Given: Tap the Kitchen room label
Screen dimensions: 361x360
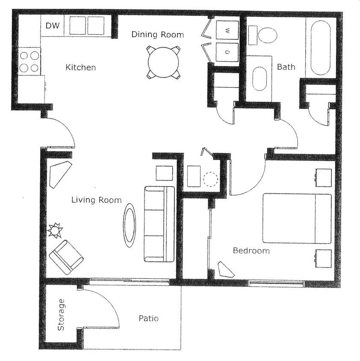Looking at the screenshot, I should click(x=80, y=68).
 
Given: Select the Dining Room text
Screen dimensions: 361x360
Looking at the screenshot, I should click(x=157, y=35).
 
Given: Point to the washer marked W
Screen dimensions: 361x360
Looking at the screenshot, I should click(x=227, y=30).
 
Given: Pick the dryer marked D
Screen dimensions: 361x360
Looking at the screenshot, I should click(x=227, y=52).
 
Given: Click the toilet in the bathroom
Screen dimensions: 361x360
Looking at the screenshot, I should click(x=266, y=35).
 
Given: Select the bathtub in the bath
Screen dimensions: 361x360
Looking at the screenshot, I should click(x=320, y=47).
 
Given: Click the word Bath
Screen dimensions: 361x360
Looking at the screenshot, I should click(x=286, y=67).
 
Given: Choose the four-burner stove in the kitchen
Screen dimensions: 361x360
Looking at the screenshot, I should click(x=30, y=61).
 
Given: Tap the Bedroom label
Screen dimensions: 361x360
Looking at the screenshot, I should click(x=251, y=251).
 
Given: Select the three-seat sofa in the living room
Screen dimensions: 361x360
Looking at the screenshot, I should click(x=159, y=224).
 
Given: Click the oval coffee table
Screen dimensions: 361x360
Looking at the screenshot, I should click(x=129, y=225).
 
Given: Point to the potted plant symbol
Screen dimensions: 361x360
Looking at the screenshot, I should click(x=55, y=231).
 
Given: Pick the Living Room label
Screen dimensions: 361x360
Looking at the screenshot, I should click(x=96, y=200).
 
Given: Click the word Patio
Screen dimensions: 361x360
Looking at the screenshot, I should click(x=148, y=318).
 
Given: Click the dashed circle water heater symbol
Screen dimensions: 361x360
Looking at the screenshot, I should click(x=210, y=178).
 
